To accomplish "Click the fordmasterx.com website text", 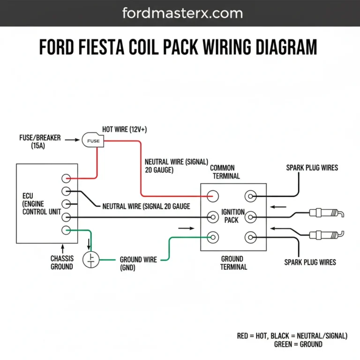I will pyautogui.click(x=182, y=13).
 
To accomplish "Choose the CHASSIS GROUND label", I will pyautogui.click(x=62, y=262).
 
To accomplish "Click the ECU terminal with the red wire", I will pyautogui.click(x=67, y=178).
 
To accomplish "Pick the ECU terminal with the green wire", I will pyautogui.click(x=67, y=230).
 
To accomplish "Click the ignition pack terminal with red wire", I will pyautogui.click(x=214, y=195).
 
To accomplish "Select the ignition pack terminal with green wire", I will pyautogui.click(x=214, y=237).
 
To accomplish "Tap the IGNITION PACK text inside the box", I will pyautogui.click(x=232, y=216).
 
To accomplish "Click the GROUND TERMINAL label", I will pyautogui.click(x=232, y=262).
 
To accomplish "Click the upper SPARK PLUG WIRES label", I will pyautogui.click(x=312, y=167).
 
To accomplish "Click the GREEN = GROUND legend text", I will pyautogui.click(x=298, y=344).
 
